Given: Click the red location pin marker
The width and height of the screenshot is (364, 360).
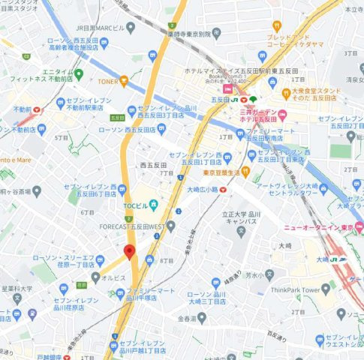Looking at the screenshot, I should click(x=129, y=252).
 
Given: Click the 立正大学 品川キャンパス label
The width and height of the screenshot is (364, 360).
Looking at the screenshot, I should click(x=242, y=217).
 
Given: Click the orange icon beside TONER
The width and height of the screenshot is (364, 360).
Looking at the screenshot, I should click(x=124, y=81).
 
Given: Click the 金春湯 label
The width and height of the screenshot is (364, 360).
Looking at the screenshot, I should click(x=186, y=318).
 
